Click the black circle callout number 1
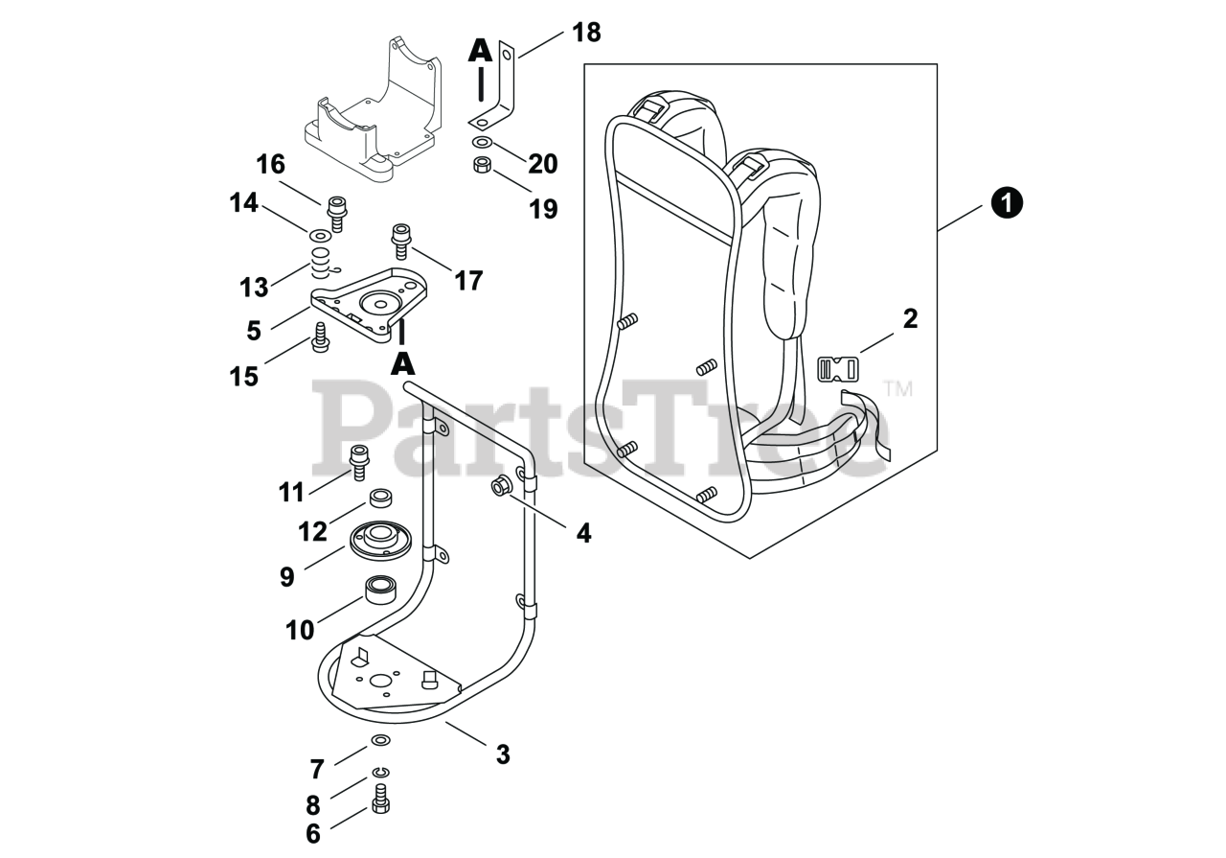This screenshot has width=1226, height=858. [1007, 203]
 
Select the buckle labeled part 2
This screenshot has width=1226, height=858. [837, 368]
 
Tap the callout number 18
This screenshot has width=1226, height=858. [586, 32]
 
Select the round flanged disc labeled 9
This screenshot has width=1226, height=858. [380, 541]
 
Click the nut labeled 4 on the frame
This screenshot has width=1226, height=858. [499, 486]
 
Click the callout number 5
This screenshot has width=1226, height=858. [253, 330]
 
